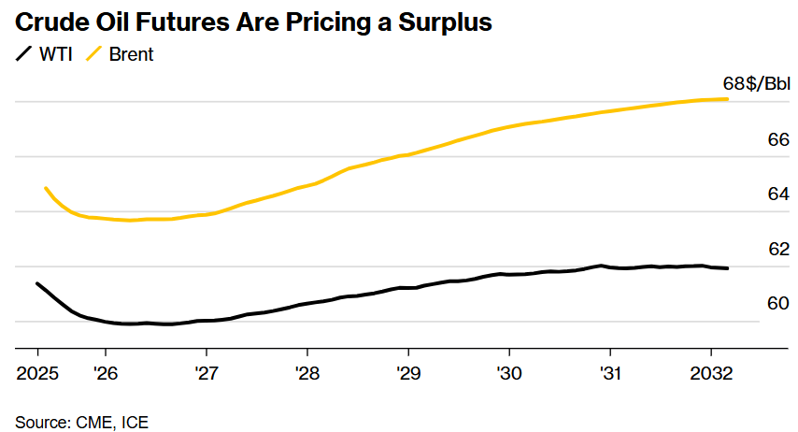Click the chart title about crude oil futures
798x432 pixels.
coord(253,22)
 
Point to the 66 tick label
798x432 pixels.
coord(778,140)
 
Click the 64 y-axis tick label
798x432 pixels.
coord(778,194)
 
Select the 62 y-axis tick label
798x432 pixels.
coord(778,249)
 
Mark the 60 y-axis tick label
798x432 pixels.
coord(778,303)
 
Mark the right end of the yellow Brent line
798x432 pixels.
coord(727,99)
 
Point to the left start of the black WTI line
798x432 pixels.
coord(38,283)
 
